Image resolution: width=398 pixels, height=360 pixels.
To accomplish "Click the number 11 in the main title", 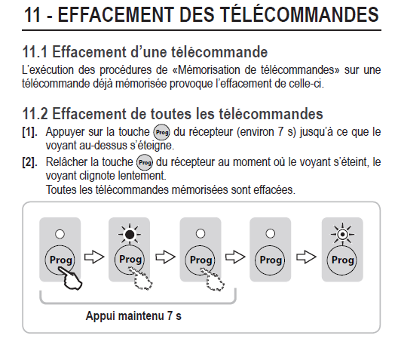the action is click(x=32, y=15).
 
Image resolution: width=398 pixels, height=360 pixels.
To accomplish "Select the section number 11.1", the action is click(x=35, y=52).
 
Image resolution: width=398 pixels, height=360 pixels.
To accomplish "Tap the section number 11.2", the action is click(x=35, y=113).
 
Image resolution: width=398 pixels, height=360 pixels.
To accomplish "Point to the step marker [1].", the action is click(x=29, y=132).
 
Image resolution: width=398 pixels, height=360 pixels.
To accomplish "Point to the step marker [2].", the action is click(x=29, y=162).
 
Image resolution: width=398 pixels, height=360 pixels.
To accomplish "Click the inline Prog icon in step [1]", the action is click(x=161, y=132).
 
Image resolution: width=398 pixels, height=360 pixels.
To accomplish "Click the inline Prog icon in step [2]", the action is click(x=145, y=162).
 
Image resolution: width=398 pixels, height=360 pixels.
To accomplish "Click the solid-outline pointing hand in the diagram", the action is click(x=70, y=278).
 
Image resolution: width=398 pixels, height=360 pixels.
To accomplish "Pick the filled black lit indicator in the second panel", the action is click(x=130, y=235).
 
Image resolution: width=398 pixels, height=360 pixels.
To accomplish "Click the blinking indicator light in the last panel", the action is click(x=342, y=234).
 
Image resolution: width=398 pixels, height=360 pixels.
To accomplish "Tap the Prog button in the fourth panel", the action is click(x=271, y=260).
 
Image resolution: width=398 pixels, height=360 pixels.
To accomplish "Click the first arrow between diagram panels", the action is click(x=94, y=257).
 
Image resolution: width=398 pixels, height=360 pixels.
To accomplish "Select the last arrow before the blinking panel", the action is click(x=306, y=257).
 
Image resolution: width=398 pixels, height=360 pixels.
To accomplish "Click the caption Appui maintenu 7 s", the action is click(x=133, y=315).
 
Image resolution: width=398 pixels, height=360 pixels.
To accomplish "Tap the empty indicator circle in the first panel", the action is click(x=60, y=234).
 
